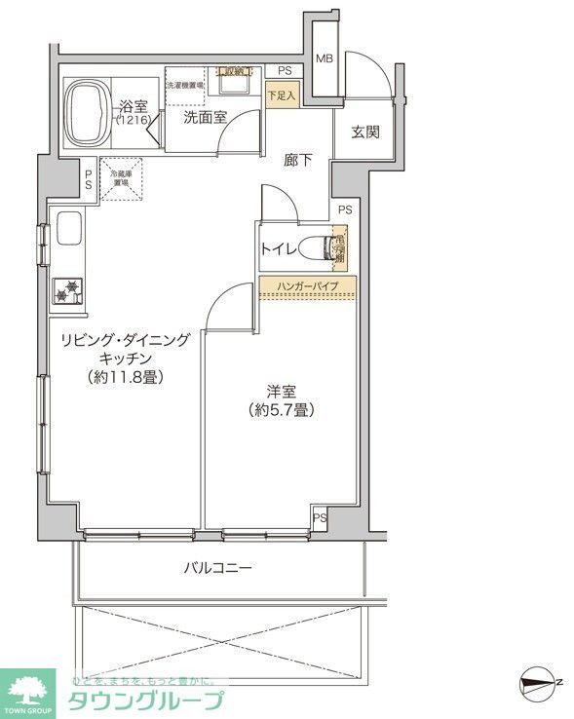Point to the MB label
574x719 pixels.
click(x=325, y=59)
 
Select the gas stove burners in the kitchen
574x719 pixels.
click(x=68, y=290)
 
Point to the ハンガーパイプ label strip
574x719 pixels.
click(x=307, y=286)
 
